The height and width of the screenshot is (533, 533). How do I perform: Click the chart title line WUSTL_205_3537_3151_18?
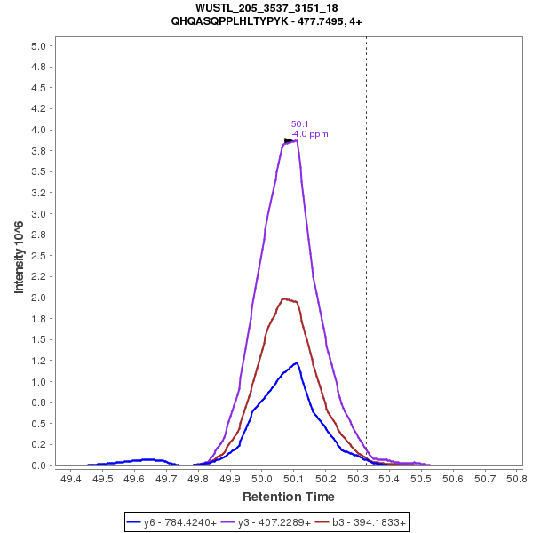click(266, 8)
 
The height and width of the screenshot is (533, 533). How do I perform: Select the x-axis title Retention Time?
click(289, 497)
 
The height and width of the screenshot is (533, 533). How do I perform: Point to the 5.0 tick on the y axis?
click(39, 45)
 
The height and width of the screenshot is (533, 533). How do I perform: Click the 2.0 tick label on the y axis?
click(39, 298)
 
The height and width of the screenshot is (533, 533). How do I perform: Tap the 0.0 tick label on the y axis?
click(39, 465)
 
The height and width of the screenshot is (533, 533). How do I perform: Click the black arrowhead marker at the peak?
click(289, 140)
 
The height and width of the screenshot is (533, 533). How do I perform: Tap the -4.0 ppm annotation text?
click(310, 134)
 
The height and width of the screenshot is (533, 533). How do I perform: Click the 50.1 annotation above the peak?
click(299, 124)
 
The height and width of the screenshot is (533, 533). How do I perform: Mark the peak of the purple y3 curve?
click(295, 140)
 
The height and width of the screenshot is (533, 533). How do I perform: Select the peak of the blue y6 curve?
click(296, 362)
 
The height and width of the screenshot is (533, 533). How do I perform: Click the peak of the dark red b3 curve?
click(284, 298)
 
